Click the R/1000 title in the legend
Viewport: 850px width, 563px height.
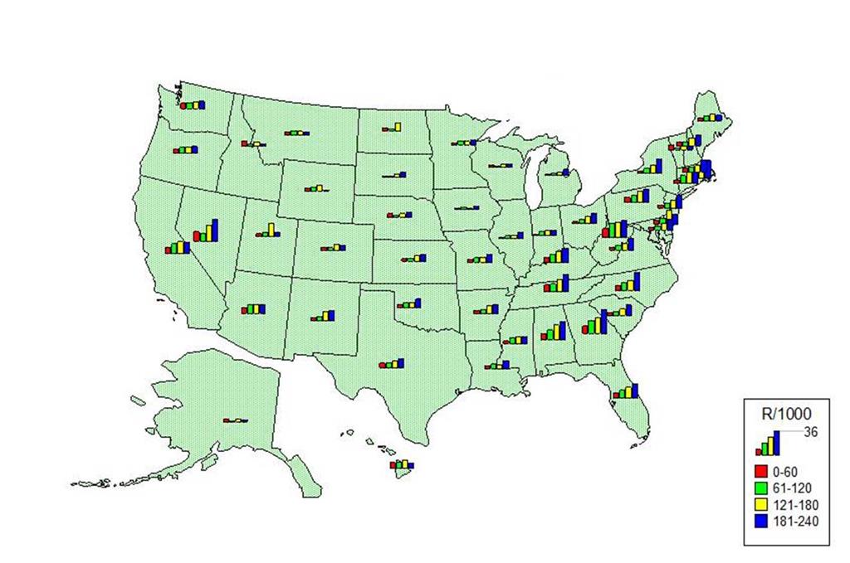pos(785,412)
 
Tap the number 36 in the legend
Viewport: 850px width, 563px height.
pos(812,431)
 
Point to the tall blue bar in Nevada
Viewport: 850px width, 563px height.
pos(215,230)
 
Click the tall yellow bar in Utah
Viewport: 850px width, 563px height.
pos(271,229)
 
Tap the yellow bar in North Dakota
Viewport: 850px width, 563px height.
pos(397,127)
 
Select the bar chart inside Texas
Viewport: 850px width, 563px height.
pos(391,363)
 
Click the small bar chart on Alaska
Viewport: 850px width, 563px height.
pos(235,420)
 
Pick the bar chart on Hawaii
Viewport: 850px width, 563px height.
pos(403,464)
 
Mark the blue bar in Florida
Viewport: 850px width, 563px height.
pos(635,390)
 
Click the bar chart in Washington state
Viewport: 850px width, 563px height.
pos(193,105)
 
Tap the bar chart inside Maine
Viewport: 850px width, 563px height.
pos(710,117)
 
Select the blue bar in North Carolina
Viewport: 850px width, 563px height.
pos(637,282)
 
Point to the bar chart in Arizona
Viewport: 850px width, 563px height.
pos(254,308)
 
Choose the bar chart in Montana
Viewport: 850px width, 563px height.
pos(296,133)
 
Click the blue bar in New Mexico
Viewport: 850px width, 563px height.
pos(332,315)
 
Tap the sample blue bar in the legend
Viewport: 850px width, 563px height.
pos(778,443)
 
